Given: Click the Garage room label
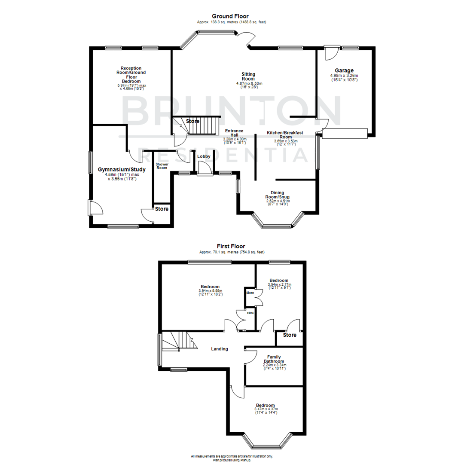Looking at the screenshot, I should click(x=344, y=70).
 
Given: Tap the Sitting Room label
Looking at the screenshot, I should click(x=248, y=76).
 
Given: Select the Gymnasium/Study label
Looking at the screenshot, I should click(x=122, y=169).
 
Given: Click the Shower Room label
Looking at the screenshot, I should click(x=162, y=166).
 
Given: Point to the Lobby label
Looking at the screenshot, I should click(x=204, y=156).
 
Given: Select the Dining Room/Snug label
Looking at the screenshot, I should click(x=277, y=195).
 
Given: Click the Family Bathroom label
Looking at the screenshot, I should click(x=274, y=360).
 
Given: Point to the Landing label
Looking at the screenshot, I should click(x=219, y=349).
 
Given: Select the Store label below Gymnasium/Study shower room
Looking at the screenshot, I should click(x=162, y=209).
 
